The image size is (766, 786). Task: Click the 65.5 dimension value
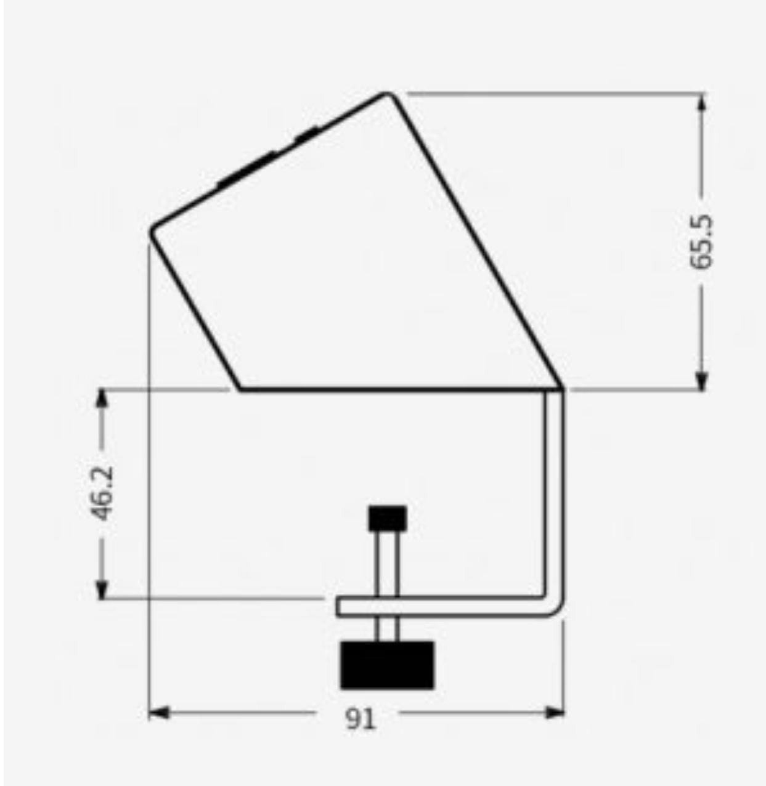click(701, 241)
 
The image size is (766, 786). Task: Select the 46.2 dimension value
click(101, 493)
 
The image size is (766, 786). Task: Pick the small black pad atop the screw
click(388, 518)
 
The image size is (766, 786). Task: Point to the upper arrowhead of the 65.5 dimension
click(702, 102)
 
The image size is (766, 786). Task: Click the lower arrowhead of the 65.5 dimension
click(702, 381)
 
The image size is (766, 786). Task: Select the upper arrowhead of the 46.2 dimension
click(102, 398)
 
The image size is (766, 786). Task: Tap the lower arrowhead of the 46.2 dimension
click(102, 590)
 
